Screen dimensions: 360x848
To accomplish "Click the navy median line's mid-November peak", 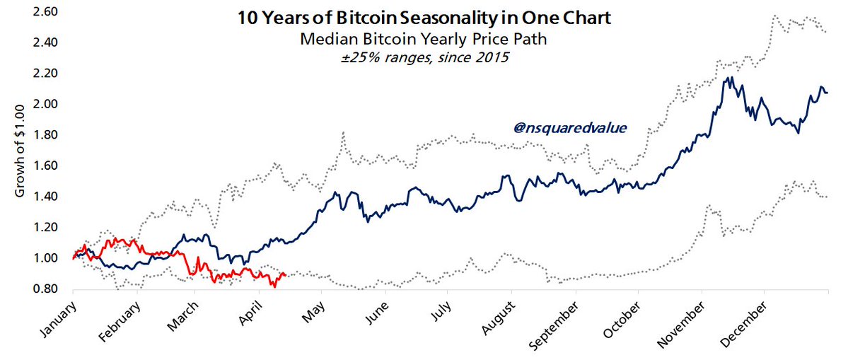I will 728,78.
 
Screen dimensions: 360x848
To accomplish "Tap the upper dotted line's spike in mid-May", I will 343,132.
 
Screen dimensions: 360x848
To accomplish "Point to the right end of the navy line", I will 828,93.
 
